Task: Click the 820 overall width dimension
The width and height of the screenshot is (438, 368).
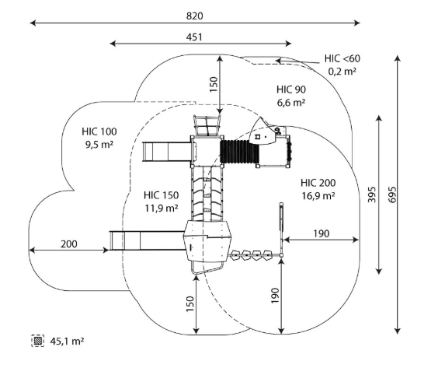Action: (x=194, y=16)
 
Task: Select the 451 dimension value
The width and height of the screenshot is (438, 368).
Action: (x=194, y=37)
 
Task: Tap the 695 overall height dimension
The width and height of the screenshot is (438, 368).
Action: (x=392, y=195)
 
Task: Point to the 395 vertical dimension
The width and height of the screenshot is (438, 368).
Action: (x=371, y=195)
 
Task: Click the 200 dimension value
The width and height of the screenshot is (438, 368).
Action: (x=68, y=244)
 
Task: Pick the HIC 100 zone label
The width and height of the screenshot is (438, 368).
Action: (x=99, y=131)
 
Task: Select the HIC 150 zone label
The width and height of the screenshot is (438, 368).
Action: (x=162, y=195)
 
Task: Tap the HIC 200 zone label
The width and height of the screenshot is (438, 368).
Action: (x=318, y=183)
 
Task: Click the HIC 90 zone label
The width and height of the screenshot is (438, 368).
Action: (x=291, y=89)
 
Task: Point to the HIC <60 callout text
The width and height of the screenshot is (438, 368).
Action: (x=342, y=58)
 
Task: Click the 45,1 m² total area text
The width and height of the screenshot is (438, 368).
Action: (x=67, y=341)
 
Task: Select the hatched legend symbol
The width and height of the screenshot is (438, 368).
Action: (x=38, y=341)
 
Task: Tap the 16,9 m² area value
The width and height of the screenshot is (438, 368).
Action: (x=318, y=195)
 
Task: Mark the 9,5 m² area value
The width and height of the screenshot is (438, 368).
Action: (x=99, y=145)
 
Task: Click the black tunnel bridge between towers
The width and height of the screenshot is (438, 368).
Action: (x=239, y=152)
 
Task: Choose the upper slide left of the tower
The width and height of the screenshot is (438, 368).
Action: (x=167, y=152)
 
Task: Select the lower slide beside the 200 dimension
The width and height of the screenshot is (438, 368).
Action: (x=148, y=240)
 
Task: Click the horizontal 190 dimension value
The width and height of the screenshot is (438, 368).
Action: (x=322, y=233)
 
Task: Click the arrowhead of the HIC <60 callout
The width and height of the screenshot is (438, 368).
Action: (x=278, y=60)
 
